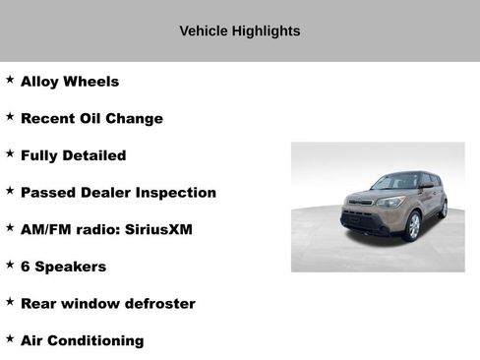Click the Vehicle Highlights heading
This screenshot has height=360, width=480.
(239, 30)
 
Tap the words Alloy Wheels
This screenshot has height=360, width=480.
(69, 82)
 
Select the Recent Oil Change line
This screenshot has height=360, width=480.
(91, 118)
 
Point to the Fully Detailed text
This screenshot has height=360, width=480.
(73, 155)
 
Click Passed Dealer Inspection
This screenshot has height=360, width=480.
(118, 193)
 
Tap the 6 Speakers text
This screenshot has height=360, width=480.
(63, 267)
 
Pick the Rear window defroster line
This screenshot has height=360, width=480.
(107, 303)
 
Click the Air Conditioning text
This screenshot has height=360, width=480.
(82, 340)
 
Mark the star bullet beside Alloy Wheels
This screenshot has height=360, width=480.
(10, 79)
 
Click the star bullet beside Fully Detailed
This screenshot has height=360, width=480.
(10, 152)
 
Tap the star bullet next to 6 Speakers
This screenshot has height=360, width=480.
(10, 264)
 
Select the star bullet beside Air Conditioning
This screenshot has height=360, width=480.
(10, 337)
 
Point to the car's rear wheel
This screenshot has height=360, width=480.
(444, 208)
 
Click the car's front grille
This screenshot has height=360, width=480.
(362, 210)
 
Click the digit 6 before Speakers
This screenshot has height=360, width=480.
(26, 267)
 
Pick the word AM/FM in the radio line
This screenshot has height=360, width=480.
(44, 229)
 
